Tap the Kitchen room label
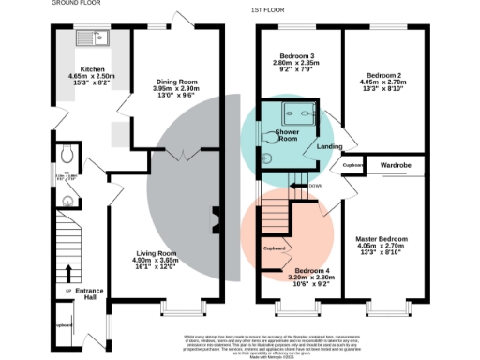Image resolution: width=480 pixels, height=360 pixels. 93,69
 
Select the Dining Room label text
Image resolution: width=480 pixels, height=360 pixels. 176,81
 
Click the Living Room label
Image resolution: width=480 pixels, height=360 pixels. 156,253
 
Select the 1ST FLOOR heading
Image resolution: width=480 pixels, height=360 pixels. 267,8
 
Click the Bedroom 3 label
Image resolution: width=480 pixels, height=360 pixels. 295,56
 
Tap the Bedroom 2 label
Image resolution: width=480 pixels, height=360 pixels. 384,75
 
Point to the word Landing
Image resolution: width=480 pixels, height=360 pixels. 328,145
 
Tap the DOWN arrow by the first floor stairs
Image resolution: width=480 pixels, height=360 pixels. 301,186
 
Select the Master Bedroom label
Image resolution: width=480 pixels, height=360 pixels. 383,238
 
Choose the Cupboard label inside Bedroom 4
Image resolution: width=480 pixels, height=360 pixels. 275,248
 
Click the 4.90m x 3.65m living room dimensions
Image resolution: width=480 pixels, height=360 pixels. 156,260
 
